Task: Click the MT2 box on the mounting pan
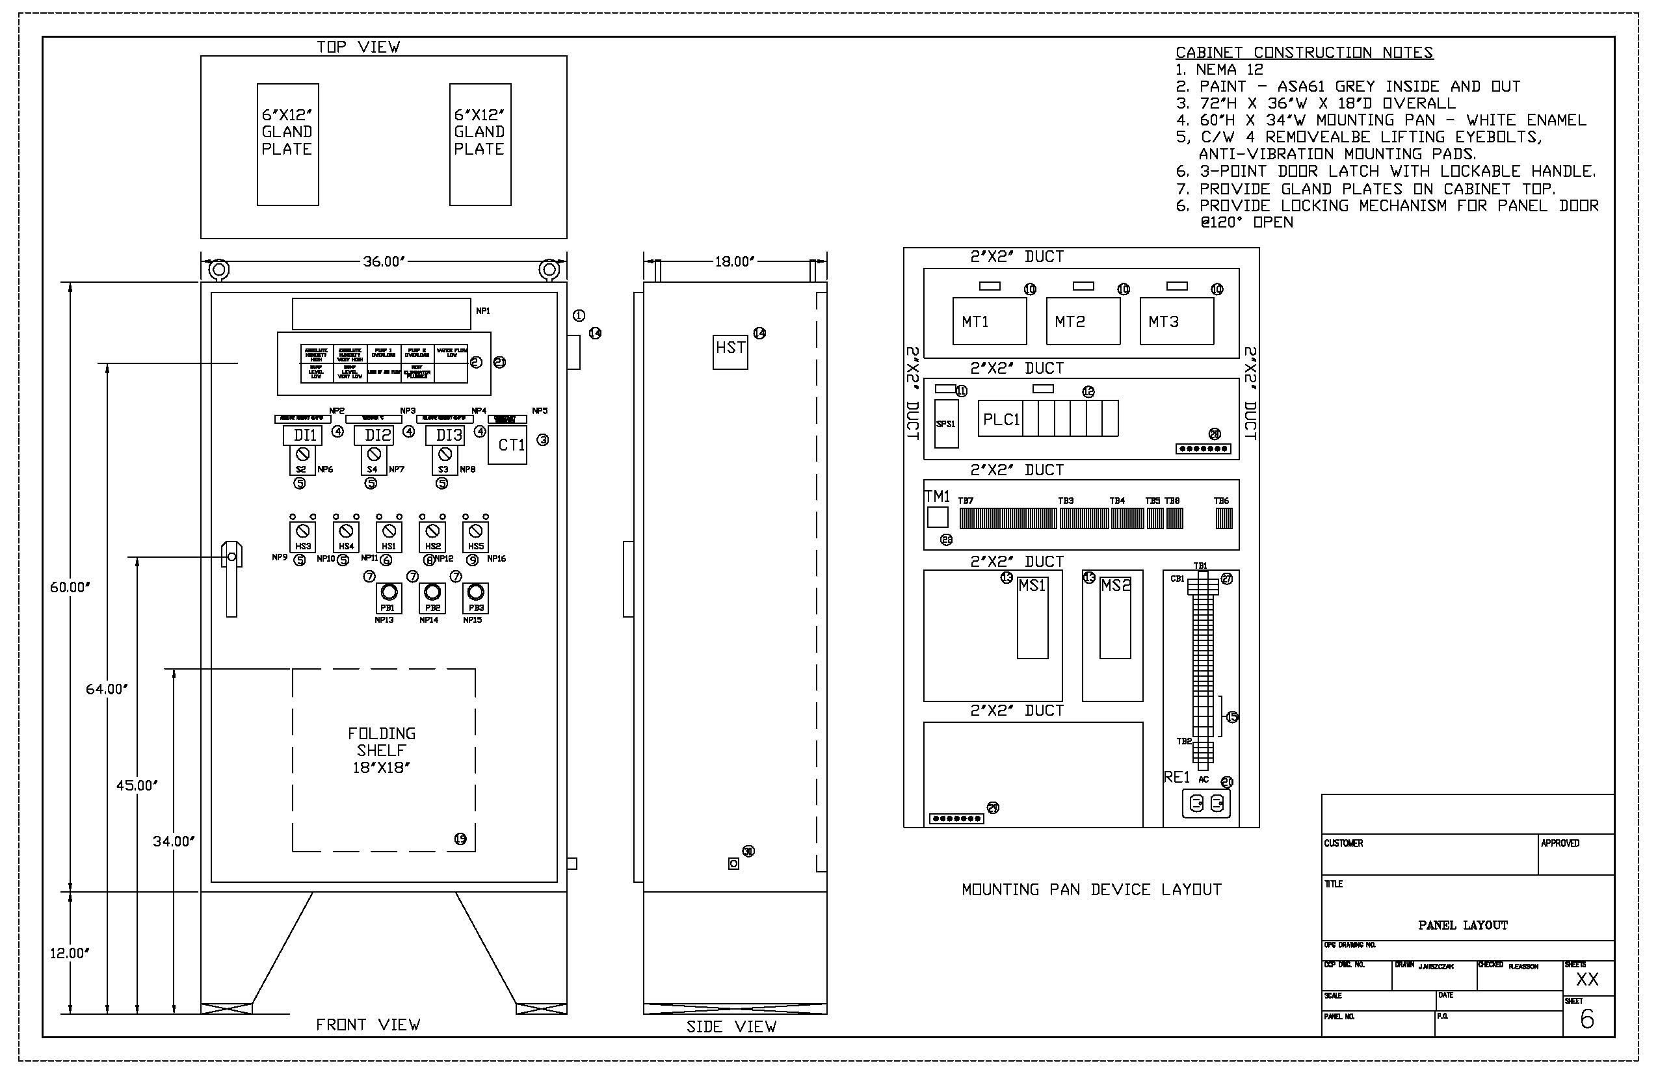[x=1083, y=322]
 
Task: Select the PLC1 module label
[x=1001, y=419]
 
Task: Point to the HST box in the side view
[x=730, y=351]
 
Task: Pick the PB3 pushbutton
[x=475, y=597]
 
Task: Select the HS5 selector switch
[x=475, y=537]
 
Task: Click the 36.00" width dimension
[x=384, y=262]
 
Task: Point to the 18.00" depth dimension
[x=734, y=262]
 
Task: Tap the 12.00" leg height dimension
[x=70, y=953]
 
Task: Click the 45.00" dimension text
[x=137, y=785]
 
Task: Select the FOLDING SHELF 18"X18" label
[x=382, y=750]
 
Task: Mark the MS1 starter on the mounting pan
[x=1033, y=616]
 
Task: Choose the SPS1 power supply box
[x=946, y=423]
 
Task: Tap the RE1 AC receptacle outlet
[x=1206, y=804]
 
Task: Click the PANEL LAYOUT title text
[x=1462, y=925]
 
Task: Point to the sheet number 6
[x=1587, y=1020]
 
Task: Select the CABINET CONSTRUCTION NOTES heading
[x=1304, y=52]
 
